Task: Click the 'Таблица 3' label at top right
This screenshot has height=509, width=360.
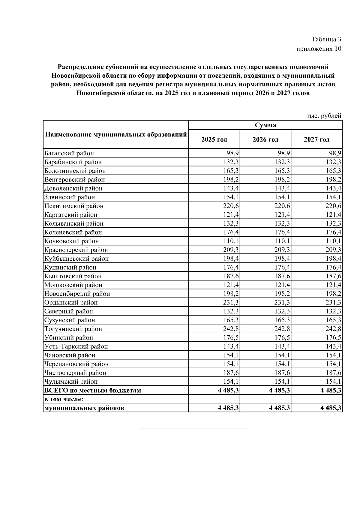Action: click(326, 39)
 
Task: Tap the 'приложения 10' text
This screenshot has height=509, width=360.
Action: click(319, 49)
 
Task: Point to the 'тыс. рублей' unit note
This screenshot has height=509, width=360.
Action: click(324, 115)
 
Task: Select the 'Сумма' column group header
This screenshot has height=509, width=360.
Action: click(265, 125)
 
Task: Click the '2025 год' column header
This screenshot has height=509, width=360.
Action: click(214, 139)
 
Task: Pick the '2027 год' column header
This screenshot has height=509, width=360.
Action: click(316, 139)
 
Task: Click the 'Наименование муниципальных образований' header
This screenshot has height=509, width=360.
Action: click(116, 134)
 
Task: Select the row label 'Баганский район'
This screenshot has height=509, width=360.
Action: click(69, 153)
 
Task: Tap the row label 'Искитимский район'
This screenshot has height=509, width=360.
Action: click(74, 206)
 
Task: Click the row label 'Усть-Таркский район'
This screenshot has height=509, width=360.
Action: click(76, 346)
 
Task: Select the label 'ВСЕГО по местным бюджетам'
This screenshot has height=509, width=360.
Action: click(92, 391)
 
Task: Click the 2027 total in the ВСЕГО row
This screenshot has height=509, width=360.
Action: click(331, 391)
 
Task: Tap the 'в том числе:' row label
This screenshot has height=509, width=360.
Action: click(64, 399)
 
